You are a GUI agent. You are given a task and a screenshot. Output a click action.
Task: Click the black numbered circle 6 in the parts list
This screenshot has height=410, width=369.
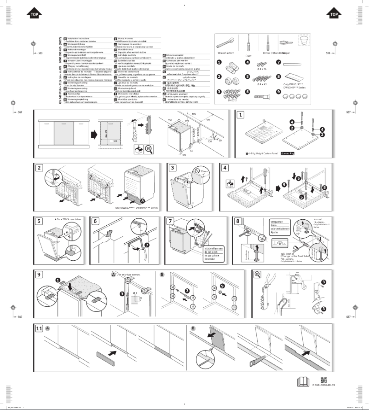click(x=248, y=91)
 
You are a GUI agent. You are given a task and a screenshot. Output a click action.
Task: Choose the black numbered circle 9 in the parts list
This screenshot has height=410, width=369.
click(x=278, y=91)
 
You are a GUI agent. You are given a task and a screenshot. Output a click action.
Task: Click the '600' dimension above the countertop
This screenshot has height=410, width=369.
click(x=194, y=113)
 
